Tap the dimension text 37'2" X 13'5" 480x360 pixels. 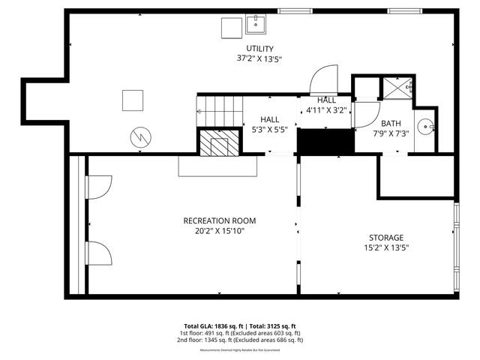[x=260, y=58]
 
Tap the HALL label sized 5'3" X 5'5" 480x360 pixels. [x=269, y=119]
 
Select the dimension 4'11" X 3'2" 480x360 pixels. [x=325, y=110]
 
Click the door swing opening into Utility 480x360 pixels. [x=324, y=79]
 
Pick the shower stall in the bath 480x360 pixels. [x=396, y=88]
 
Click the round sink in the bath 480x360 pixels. [x=426, y=127]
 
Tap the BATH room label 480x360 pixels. [x=390, y=124]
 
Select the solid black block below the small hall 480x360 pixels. [x=325, y=141]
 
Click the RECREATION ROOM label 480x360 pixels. [x=220, y=220]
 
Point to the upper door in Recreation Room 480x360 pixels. [x=100, y=187]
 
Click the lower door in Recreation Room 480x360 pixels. [x=100, y=254]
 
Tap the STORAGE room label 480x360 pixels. [x=385, y=238]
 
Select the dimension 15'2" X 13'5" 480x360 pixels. [x=385, y=247]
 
